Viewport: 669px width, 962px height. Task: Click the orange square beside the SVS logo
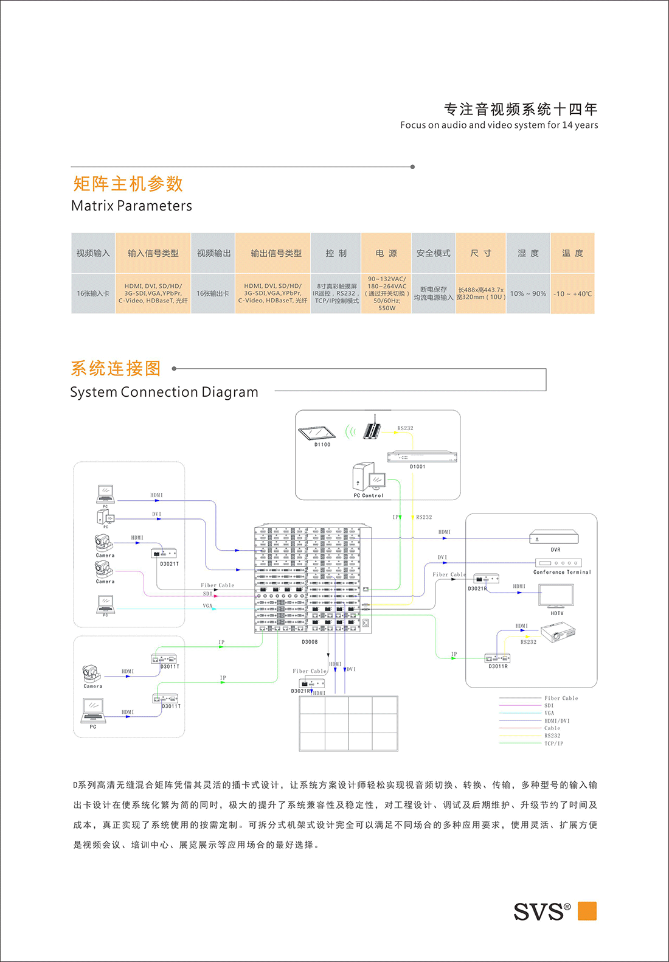click(x=587, y=911)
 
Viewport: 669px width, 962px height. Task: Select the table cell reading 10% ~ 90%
click(x=528, y=293)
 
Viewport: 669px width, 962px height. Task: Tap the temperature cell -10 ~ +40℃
click(x=572, y=293)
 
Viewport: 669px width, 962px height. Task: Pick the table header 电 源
click(x=386, y=253)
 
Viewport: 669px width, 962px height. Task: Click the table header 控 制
click(x=336, y=253)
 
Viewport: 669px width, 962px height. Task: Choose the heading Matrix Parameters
click(x=131, y=206)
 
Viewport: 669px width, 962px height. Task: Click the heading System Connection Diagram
click(x=164, y=392)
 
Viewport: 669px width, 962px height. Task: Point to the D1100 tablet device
click(x=317, y=433)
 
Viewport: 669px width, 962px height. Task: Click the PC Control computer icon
click(x=369, y=477)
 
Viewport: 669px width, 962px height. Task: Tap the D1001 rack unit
click(x=422, y=457)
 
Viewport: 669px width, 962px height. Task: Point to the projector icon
click(x=558, y=633)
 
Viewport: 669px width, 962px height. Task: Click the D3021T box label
click(x=170, y=564)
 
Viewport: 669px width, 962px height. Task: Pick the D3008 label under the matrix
click(x=310, y=642)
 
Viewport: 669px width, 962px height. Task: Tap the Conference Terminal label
click(x=562, y=572)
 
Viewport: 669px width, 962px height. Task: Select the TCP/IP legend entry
click(x=553, y=744)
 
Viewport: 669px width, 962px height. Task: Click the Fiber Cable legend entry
click(x=561, y=698)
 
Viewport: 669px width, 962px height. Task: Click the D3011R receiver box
click(x=497, y=658)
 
